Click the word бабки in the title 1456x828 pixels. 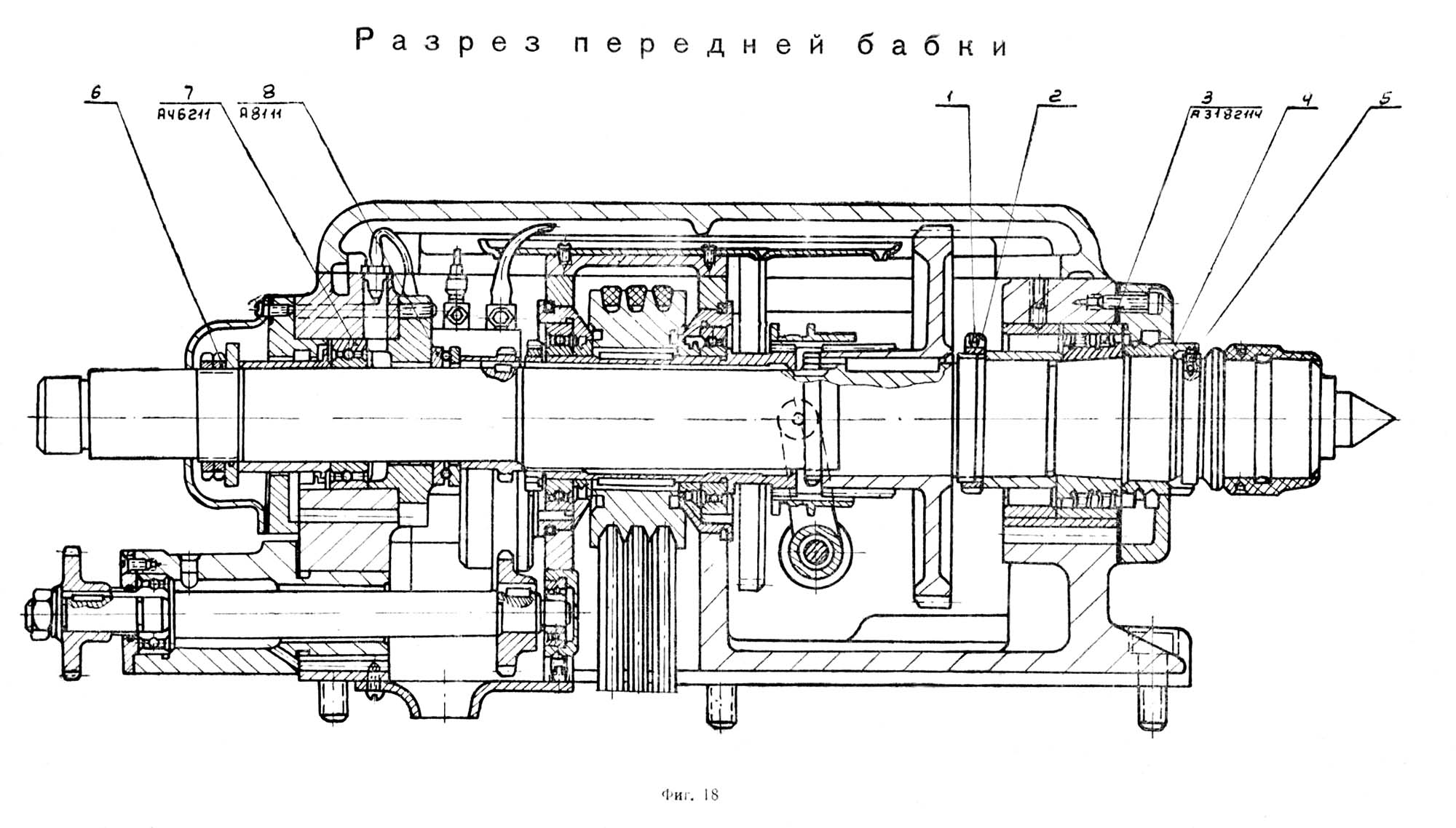coord(933,45)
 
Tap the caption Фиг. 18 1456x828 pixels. coord(690,795)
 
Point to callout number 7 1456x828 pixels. coord(189,92)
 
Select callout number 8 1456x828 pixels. coord(269,92)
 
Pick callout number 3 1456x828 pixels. coord(1207,97)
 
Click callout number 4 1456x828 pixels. coord(1307,100)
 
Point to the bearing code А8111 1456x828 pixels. coord(261,113)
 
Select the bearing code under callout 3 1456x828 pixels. coord(1226,114)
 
